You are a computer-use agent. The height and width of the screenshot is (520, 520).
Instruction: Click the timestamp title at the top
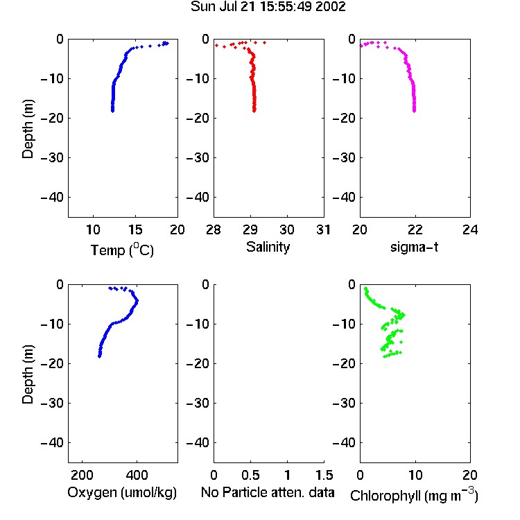(x=268, y=6)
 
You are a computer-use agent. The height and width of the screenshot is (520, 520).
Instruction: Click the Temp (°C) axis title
(x=122, y=250)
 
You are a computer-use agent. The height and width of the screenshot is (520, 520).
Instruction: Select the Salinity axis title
(x=268, y=247)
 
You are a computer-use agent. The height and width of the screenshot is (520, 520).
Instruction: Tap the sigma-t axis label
(x=414, y=247)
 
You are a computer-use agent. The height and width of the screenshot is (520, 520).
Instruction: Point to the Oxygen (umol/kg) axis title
(x=122, y=492)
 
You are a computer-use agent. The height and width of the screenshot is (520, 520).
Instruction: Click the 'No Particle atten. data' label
(x=268, y=492)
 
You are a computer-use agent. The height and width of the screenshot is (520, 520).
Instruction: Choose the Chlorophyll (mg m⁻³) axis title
(x=414, y=495)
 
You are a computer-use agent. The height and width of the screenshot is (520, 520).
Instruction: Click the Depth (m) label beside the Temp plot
(x=28, y=129)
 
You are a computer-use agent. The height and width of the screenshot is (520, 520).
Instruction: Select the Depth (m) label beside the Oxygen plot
(x=28, y=374)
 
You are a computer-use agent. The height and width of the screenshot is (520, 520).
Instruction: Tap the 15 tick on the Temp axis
(x=135, y=229)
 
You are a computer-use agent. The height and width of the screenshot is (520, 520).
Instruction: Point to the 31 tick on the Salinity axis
(x=324, y=229)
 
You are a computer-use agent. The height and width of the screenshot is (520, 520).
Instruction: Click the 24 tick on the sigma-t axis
(x=470, y=229)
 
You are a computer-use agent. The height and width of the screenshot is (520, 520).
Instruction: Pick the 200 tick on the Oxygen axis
(x=82, y=475)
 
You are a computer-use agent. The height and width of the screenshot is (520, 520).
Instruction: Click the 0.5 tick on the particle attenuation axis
(x=250, y=475)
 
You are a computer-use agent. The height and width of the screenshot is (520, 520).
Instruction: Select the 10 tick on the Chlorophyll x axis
(x=415, y=475)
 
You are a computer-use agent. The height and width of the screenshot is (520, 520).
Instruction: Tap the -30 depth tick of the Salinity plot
(x=198, y=158)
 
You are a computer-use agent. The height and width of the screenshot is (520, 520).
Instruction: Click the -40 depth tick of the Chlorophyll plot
(x=344, y=443)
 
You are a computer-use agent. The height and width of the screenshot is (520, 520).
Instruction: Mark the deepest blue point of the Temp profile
(x=113, y=111)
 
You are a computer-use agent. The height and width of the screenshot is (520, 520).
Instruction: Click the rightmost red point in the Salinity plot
(x=264, y=42)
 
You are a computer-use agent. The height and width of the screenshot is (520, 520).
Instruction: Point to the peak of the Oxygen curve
(x=137, y=301)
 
